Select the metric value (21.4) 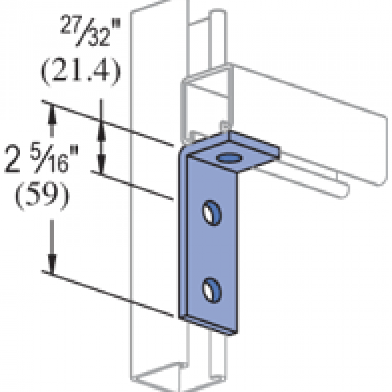[x=81, y=71]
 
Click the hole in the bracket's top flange [x=229, y=158]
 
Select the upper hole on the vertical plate [x=211, y=213]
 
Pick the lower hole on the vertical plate [x=211, y=290]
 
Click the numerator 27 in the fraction [x=69, y=24]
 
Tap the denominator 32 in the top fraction [x=99, y=38]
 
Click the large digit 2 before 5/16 [x=12, y=160]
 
